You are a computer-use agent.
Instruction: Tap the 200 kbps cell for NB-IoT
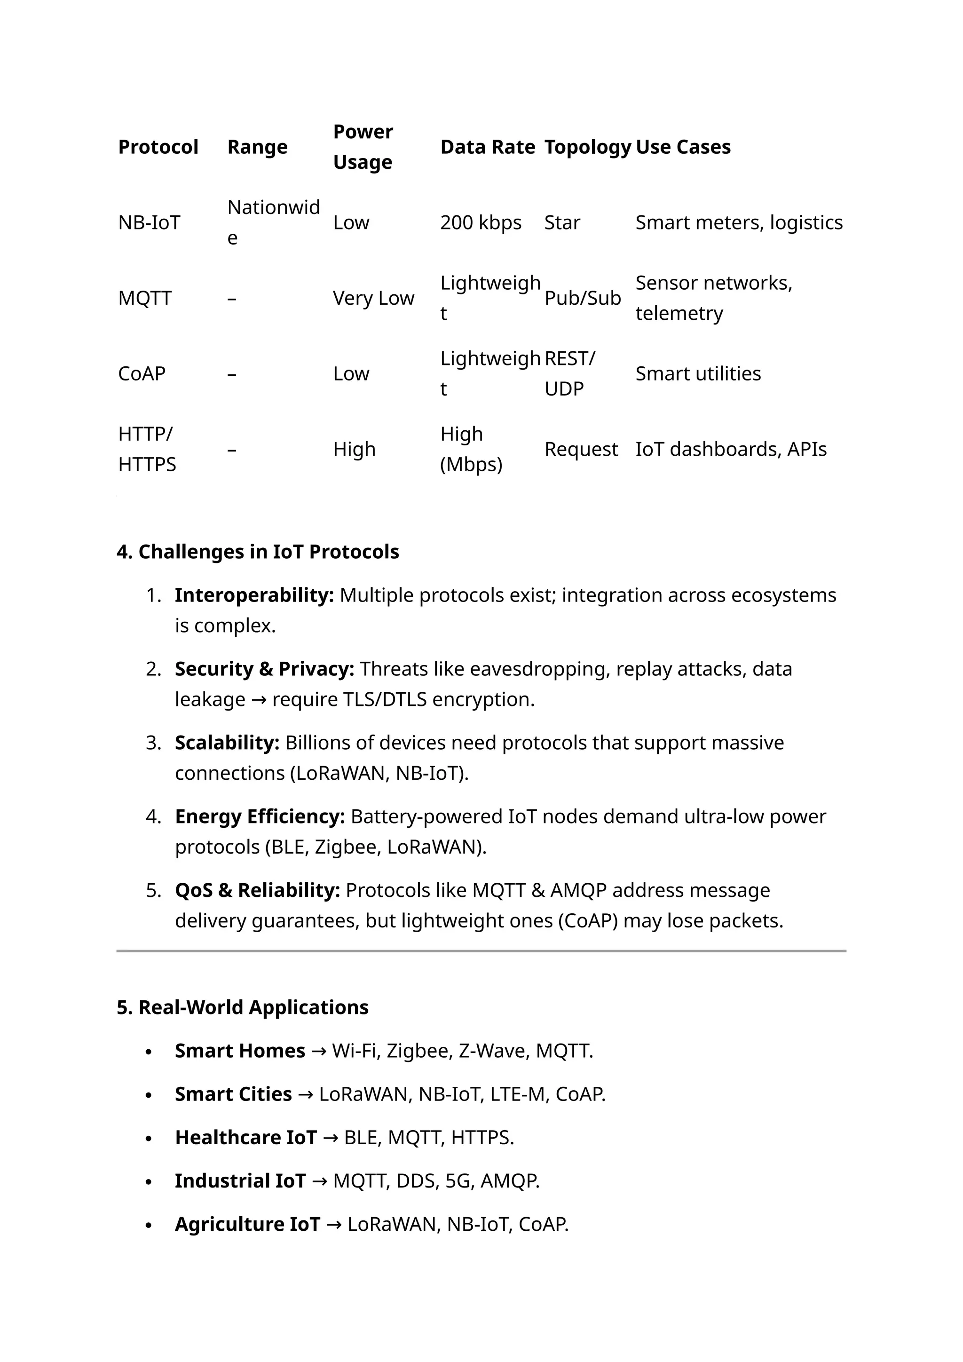click(x=480, y=222)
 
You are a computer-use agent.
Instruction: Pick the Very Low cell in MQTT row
click(x=373, y=298)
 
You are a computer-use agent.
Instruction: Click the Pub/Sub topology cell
click(x=582, y=298)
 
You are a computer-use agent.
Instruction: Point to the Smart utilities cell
click(x=698, y=374)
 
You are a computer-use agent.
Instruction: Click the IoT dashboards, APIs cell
click(x=731, y=449)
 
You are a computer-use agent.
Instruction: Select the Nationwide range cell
click(x=273, y=222)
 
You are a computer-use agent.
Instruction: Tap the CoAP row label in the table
click(x=142, y=374)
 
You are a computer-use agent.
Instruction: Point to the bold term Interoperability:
click(x=254, y=595)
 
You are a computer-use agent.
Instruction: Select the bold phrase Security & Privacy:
click(x=264, y=669)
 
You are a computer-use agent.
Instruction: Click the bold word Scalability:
click(x=227, y=743)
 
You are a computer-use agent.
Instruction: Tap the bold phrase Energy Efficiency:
click(x=259, y=817)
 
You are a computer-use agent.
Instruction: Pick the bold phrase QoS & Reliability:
click(x=257, y=890)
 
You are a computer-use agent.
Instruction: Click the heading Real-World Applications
click(x=243, y=1007)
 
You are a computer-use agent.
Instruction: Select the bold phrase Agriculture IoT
click(x=247, y=1224)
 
